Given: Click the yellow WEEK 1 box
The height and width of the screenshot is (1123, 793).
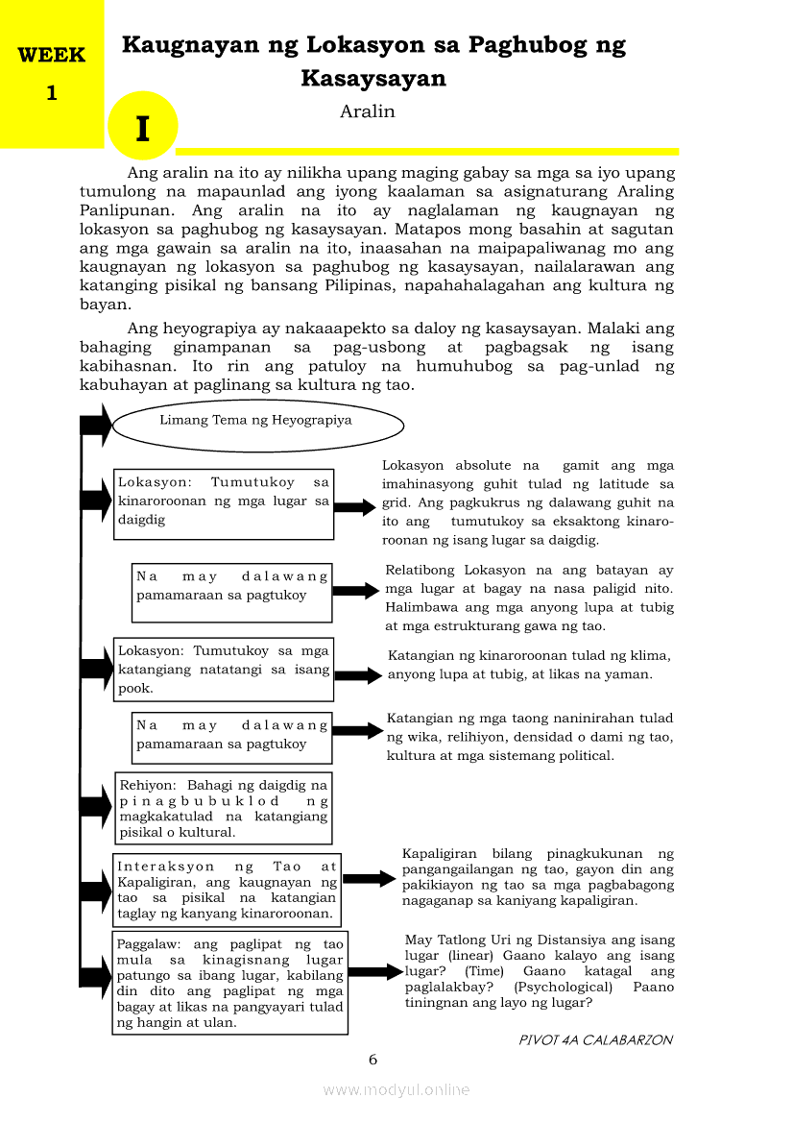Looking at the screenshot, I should pos(51,74).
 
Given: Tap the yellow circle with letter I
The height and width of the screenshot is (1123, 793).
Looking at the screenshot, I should pos(143,127).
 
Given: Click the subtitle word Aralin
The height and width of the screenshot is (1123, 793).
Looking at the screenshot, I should pos(367,111).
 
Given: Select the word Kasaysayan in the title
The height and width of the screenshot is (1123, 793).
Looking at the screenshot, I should pos(373,79).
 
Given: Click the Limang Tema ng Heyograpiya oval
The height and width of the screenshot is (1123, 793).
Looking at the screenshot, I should pos(257,421).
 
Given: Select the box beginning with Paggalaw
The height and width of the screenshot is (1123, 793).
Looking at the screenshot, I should pos(229,983).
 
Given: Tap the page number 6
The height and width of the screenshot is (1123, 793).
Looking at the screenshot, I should pos(373,1060).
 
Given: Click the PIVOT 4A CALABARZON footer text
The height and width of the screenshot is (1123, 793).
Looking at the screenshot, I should pos(595,1040).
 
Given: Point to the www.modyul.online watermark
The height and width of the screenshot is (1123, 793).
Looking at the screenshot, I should pos(396,1090).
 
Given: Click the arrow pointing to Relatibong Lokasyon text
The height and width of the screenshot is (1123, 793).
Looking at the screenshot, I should pos(355,592).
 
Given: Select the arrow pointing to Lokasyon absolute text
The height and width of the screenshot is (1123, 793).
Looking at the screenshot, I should pos(355,508).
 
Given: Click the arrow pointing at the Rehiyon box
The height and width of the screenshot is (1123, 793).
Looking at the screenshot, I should pos(96,805).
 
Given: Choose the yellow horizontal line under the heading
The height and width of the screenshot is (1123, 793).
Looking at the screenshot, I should pos(427,151).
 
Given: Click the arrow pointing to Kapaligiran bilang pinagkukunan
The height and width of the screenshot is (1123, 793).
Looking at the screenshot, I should pos(369,879).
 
